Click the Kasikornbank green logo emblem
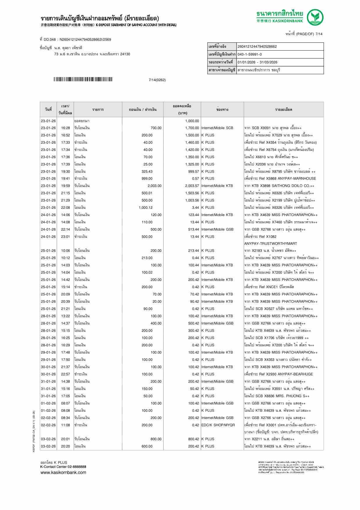point(316,17)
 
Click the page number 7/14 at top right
point(319,34)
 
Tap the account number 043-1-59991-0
point(250,54)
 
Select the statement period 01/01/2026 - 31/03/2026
point(257,62)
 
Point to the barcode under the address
point(83,79)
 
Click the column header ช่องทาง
point(222,110)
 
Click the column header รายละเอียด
point(284,110)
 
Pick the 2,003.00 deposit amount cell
point(155,186)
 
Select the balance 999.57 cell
point(194,172)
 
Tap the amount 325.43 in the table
point(147,172)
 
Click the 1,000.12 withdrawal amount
point(146,208)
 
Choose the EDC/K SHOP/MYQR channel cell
point(218,425)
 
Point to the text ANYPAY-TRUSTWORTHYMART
point(271,244)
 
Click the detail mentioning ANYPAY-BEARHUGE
point(278,374)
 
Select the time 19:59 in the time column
point(65,186)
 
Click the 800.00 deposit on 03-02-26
point(156,439)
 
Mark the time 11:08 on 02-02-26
point(65,425)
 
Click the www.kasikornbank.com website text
point(63,472)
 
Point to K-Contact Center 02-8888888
point(63,467)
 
